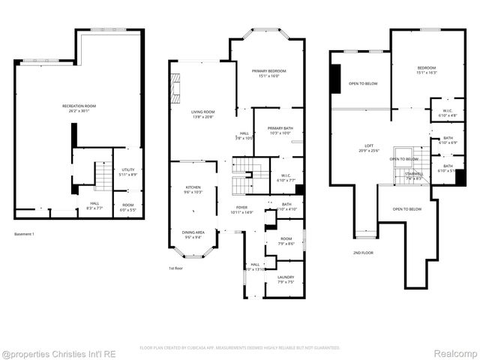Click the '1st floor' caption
tap(177, 267)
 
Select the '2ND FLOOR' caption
tap(363, 253)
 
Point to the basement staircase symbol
tap(102, 177)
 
